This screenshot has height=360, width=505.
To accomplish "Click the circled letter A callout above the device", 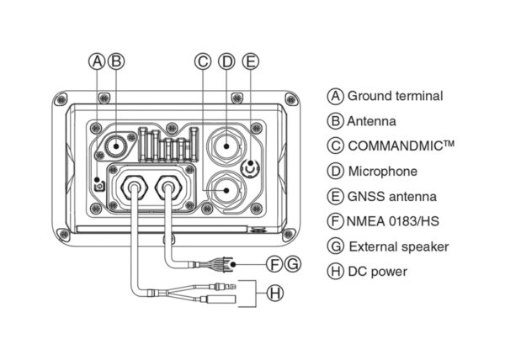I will pos(98,61).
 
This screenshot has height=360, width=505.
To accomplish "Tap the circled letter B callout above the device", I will pos(116,61).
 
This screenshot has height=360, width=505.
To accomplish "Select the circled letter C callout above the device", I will pos(202,61).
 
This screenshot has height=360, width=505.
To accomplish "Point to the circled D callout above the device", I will pos(226,61).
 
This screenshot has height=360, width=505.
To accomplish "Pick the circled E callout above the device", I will pos(249,61).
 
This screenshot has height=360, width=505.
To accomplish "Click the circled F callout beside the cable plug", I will pos(274,264).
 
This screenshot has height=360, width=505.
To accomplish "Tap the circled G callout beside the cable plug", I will pos(291,264).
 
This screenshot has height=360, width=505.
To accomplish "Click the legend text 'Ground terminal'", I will pos(395,96).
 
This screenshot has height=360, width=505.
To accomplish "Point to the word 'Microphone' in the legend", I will pos(382,172).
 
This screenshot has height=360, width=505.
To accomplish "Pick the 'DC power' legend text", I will pos(377,272).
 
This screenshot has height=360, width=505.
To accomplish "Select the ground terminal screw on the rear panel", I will pos(99,183).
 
